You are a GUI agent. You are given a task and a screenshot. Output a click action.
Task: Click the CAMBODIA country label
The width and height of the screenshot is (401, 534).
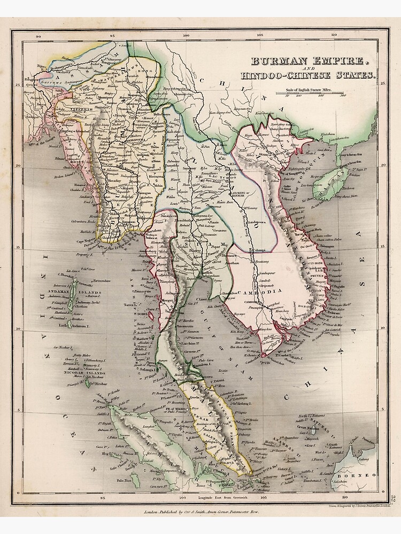263,292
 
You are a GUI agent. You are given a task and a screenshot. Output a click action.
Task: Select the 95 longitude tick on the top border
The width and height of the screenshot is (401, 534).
112,37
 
